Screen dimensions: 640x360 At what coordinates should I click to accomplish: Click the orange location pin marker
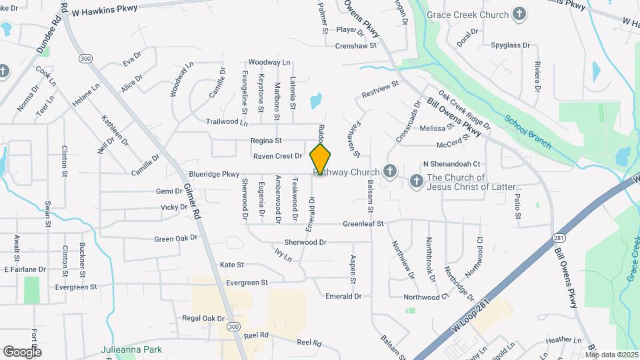tap(321, 158)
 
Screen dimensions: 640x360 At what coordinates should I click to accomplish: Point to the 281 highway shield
tap(558, 238)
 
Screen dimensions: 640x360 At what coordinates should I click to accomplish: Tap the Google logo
tap(23, 351)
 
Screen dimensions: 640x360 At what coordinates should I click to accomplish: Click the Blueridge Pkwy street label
tap(213, 174)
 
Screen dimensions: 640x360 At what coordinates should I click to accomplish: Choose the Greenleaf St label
tap(363, 225)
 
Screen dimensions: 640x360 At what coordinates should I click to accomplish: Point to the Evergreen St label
tap(247, 283)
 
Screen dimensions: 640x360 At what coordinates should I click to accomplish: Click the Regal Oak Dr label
tap(203, 319)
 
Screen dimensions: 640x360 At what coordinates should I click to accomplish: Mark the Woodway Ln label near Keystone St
tap(269, 63)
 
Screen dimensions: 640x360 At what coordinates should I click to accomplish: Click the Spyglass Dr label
tap(510, 46)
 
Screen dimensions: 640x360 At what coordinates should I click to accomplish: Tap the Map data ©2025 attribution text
tap(611, 355)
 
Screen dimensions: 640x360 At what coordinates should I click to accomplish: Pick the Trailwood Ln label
tap(227, 121)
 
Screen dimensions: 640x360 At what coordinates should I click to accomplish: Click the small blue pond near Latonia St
tap(315, 101)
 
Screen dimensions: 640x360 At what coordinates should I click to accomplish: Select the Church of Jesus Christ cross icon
tap(416, 181)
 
